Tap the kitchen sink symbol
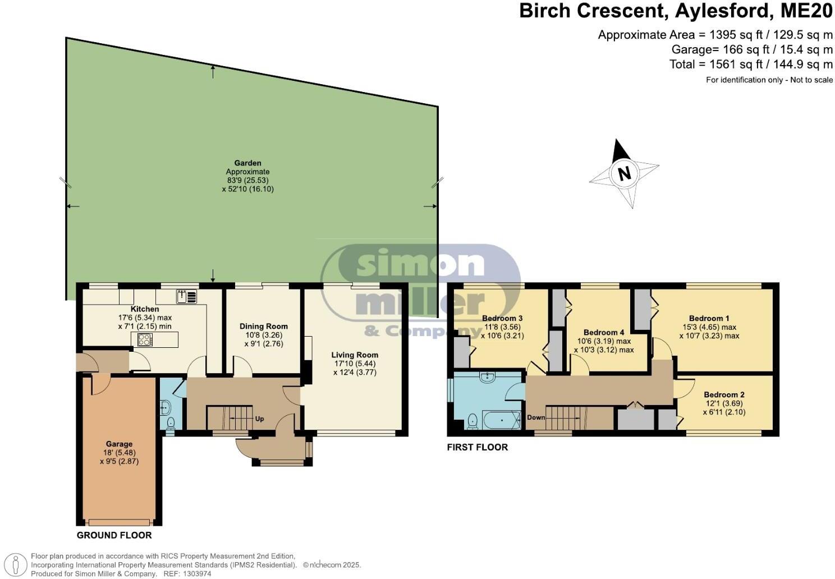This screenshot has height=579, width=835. click(186, 296)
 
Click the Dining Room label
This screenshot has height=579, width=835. click(263, 326)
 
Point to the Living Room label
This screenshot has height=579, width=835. click(354, 355)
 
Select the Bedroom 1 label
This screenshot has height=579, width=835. click(709, 318)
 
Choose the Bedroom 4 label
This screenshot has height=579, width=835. click(603, 332)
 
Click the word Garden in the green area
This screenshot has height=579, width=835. click(247, 163)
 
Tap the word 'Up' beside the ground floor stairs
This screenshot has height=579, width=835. click(259, 419)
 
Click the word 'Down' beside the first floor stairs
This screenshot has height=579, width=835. click(536, 417)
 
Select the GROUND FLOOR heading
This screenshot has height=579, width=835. click(114, 535)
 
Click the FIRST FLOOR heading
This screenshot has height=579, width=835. click(477, 447)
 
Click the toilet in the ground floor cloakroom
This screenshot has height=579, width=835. click(171, 423)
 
